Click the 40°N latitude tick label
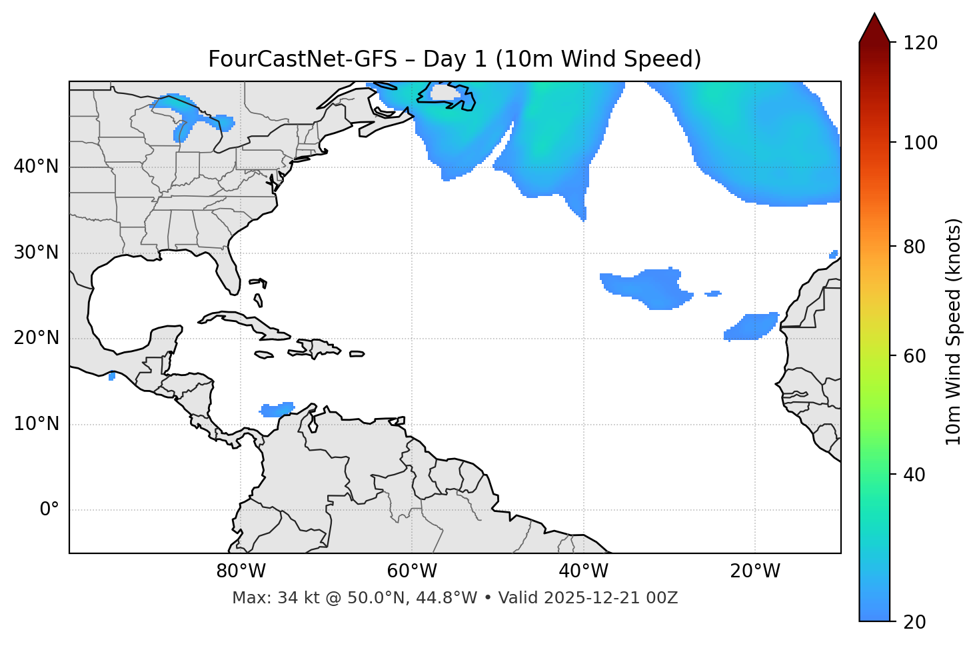(36, 167)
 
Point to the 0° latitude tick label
(49, 510)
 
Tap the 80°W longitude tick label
(241, 571)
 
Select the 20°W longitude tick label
(755, 571)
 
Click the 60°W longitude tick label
(412, 571)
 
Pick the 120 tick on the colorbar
(920, 43)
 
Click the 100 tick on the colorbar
(920, 143)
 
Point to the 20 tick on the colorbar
(914, 622)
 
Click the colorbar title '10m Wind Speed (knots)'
(954, 331)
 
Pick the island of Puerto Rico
(357, 354)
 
